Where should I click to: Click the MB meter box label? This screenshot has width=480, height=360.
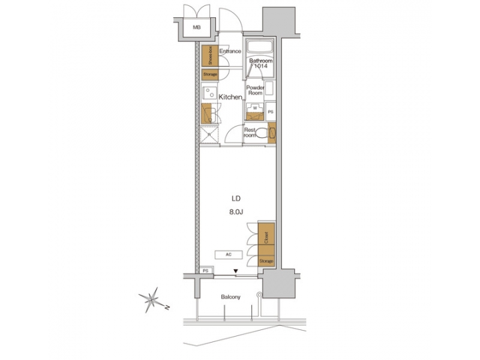tap(197, 27)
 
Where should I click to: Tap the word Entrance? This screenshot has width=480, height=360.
tap(229, 51)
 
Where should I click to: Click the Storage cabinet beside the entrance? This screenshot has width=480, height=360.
tap(208, 75)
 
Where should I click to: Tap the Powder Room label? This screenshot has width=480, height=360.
tap(255, 91)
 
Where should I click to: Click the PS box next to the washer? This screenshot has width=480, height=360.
tap(271, 112)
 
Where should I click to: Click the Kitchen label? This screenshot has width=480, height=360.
tap(230, 97)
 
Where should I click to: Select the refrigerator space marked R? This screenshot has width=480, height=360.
tap(209, 135)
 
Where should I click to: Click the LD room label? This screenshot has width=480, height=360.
tap(236, 199)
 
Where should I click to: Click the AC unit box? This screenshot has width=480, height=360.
tap(229, 254)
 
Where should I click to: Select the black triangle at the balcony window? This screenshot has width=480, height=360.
tap(235, 271)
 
